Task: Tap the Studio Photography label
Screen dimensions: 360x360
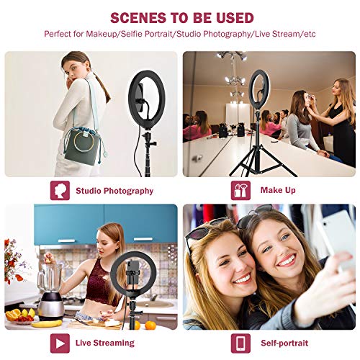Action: [x=114, y=191]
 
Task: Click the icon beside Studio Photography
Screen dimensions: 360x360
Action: [x=60, y=191]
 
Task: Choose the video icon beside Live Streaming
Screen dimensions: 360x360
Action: [x=60, y=343]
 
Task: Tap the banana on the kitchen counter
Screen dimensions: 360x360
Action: [x=47, y=324]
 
